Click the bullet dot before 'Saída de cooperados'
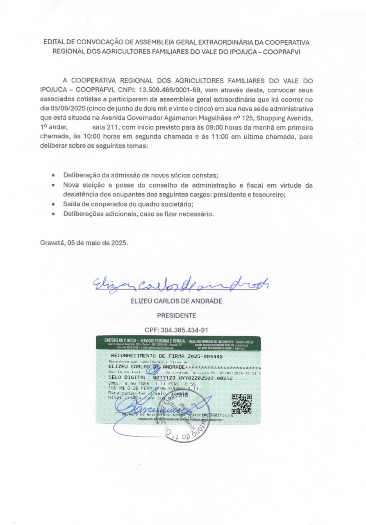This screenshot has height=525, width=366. coord(53,204)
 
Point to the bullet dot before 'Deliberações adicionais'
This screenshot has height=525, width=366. coord(53,214)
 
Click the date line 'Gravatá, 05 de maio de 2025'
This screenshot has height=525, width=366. coord(84,242)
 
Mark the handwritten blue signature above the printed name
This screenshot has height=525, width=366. coord(180,283)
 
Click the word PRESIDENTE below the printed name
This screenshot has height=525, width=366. coord(176,315)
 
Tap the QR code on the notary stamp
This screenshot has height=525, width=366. coord(241,404)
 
